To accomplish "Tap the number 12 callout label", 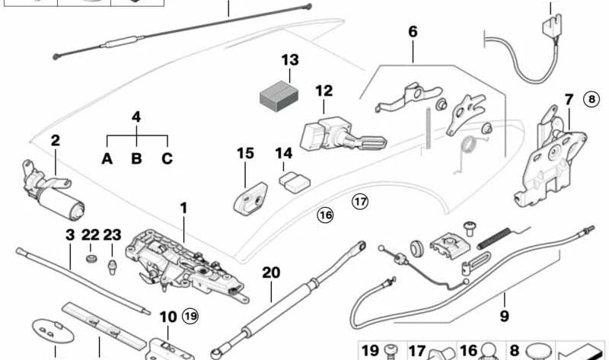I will (x=324, y=91).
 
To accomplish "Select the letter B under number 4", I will (x=137, y=159).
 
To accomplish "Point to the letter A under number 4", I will (x=107, y=159).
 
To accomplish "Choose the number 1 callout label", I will (x=183, y=208).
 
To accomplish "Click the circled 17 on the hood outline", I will (x=359, y=202).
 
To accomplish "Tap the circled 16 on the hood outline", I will (x=326, y=215).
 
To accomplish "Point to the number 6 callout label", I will (x=413, y=32).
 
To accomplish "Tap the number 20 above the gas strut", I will (x=271, y=272).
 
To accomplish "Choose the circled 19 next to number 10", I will (x=190, y=315).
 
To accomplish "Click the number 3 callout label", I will (x=70, y=235).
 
